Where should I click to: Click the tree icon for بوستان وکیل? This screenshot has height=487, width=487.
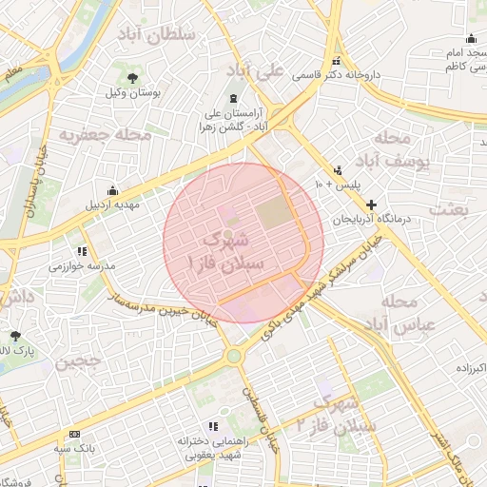click(132, 78)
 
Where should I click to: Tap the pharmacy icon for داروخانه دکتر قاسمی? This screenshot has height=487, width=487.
click(334, 62)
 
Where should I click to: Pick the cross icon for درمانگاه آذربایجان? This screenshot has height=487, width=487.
click(371, 205)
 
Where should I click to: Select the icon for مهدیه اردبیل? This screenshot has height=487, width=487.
click(113, 189)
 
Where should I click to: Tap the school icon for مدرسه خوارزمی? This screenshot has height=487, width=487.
click(82, 252)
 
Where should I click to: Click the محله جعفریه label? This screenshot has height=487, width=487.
click(105, 134)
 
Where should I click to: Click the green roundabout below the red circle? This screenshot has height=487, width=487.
click(233, 357)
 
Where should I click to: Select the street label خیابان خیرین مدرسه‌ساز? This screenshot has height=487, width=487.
click(162, 310)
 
